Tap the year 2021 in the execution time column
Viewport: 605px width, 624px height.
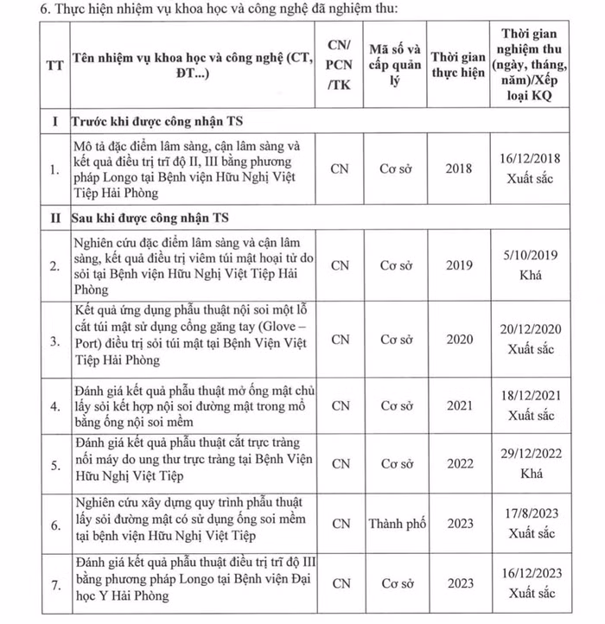pos(459,405)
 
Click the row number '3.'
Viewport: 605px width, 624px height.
pos(54,341)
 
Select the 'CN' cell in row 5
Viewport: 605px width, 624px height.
pos(341,464)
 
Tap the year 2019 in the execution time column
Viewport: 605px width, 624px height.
pos(459,265)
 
